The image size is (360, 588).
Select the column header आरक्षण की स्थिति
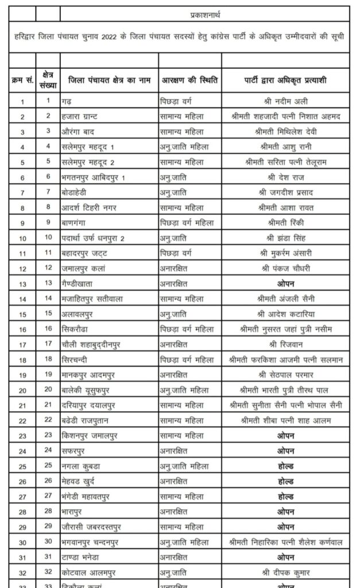click(x=190, y=80)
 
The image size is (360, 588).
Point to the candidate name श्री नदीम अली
click(x=283, y=102)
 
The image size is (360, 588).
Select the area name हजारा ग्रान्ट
click(x=83, y=117)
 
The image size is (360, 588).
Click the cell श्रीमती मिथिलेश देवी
click(x=283, y=131)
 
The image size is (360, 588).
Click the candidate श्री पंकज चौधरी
click(x=283, y=268)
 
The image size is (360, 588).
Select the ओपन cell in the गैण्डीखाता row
click(x=283, y=283)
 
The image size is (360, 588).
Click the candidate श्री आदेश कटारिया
click(x=283, y=314)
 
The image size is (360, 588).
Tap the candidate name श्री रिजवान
click(x=283, y=345)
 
